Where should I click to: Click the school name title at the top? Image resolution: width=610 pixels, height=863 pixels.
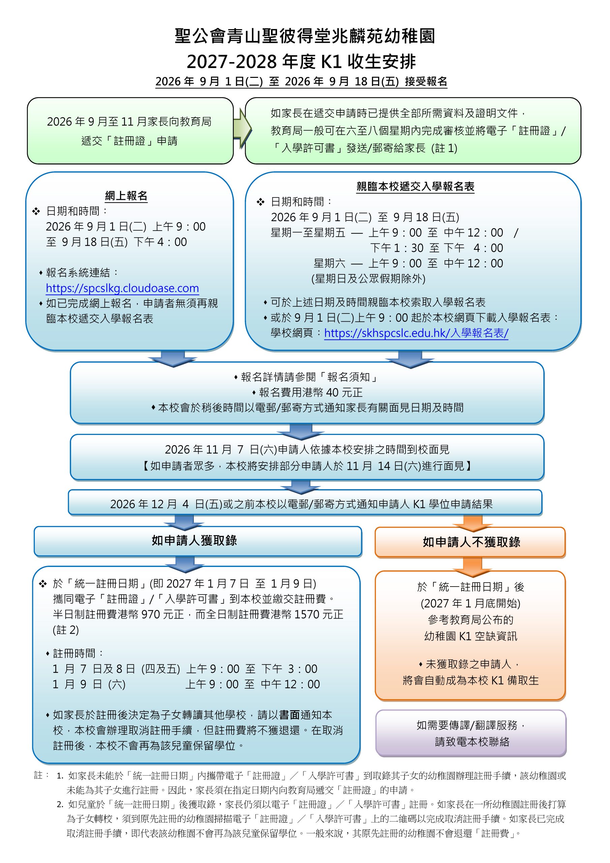pyautogui.click(x=305, y=36)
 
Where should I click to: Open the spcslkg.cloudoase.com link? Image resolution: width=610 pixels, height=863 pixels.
pyautogui.click(x=122, y=288)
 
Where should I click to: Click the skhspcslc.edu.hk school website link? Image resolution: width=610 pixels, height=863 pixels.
pyautogui.click(x=416, y=333)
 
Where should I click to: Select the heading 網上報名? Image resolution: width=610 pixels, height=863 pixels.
pyautogui.click(x=126, y=196)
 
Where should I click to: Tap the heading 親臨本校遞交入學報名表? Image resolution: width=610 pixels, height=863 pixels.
pyautogui.click(x=415, y=186)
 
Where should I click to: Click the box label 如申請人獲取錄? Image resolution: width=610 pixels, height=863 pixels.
pyautogui.click(x=194, y=540)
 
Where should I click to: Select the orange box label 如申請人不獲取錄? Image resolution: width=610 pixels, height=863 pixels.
pyautogui.click(x=471, y=542)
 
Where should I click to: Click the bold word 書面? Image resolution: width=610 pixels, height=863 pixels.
pyautogui.click(x=289, y=715)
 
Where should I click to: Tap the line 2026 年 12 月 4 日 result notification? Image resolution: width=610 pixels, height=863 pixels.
pyautogui.click(x=301, y=504)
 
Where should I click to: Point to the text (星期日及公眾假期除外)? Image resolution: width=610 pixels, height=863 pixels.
pyautogui.click(x=368, y=278)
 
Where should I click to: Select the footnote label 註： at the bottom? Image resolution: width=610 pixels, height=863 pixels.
pyautogui.click(x=42, y=775)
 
